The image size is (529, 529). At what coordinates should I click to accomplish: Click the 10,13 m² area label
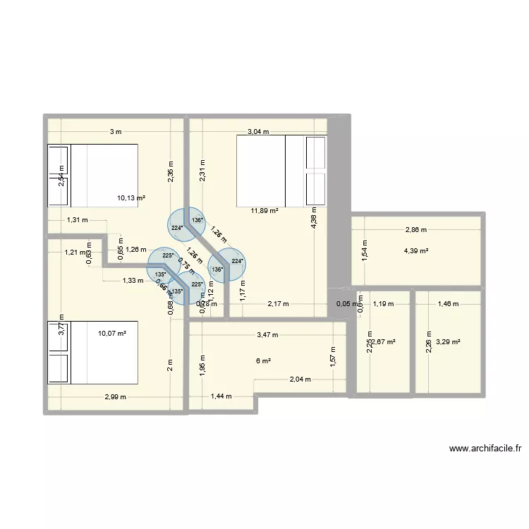coord(130,198)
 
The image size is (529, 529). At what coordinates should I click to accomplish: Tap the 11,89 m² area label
coord(264,210)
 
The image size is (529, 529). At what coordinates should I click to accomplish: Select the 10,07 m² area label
coord(111,333)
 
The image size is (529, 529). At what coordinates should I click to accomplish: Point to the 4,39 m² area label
coord(415,250)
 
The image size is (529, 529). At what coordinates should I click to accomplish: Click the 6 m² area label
coord(263,360)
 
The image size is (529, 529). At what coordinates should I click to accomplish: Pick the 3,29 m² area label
coord(448,342)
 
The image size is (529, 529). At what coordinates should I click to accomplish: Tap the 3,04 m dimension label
coord(257,131)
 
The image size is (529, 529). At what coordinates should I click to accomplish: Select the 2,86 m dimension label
coord(415,230)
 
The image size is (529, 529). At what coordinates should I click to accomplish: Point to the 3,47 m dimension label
coord(267,335)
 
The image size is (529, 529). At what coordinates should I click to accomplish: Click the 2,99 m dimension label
coord(115,396)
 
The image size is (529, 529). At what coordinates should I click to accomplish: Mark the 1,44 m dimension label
coord(221,396)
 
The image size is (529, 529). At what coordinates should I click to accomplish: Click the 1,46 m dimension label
coord(448,305)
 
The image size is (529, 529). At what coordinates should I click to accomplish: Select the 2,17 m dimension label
coord(278,305)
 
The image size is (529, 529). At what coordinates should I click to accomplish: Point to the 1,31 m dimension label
coord(77,219)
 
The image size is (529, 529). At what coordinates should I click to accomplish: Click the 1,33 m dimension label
coord(133,280)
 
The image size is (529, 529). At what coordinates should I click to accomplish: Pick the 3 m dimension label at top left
coord(115,131)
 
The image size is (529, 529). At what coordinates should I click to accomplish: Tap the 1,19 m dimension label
coord(383,305)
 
